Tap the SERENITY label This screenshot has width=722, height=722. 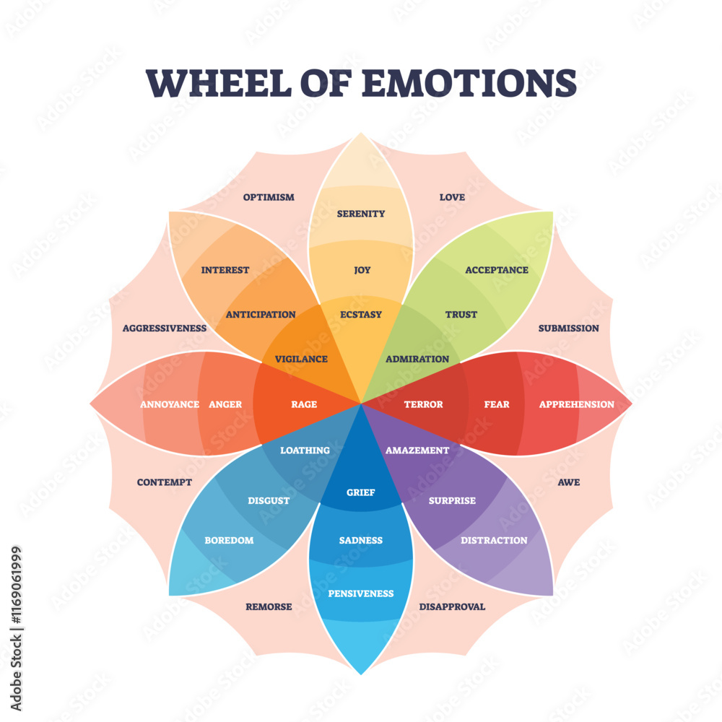pyautogui.click(x=361, y=214)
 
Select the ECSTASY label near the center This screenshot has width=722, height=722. pyautogui.click(x=361, y=314)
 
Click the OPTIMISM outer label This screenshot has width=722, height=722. pyautogui.click(x=269, y=197)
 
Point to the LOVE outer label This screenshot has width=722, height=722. pyautogui.click(x=452, y=197)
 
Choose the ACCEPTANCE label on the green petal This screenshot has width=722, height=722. pyautogui.click(x=497, y=270)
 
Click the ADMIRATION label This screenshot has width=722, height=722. pyautogui.click(x=417, y=359)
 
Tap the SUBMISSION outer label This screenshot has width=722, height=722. pyautogui.click(x=568, y=328)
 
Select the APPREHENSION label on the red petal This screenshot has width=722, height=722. pyautogui.click(x=576, y=404)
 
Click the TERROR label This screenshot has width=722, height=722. pyautogui.click(x=423, y=404)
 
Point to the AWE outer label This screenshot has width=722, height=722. pyautogui.click(x=568, y=482)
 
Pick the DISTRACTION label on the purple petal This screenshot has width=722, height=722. pyautogui.click(x=494, y=540)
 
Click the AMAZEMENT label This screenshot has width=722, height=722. pyautogui.click(x=417, y=450)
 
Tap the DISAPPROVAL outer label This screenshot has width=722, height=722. pyautogui.click(x=452, y=606)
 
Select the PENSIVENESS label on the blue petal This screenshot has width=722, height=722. pyautogui.click(x=361, y=593)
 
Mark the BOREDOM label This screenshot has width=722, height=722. pyautogui.click(x=229, y=540)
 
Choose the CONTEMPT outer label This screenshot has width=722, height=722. pyautogui.click(x=165, y=482)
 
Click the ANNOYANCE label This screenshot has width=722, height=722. pyautogui.click(x=170, y=404)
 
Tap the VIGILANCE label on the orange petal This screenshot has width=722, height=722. pyautogui.click(x=301, y=359)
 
